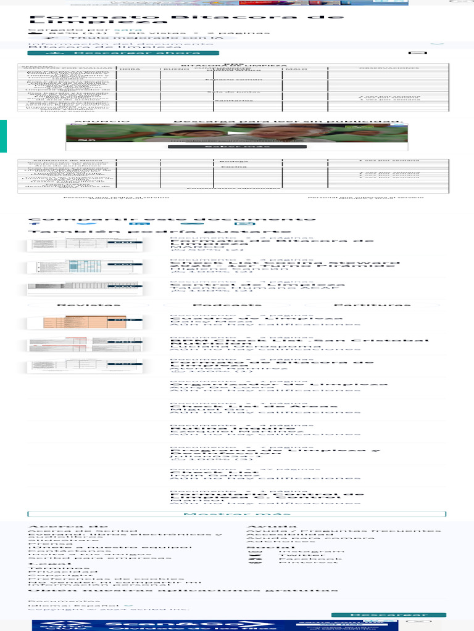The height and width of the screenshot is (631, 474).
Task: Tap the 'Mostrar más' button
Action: click(236, 514)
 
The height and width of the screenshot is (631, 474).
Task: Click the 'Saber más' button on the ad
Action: click(237, 147)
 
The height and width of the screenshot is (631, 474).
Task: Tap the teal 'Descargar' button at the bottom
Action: click(388, 615)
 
